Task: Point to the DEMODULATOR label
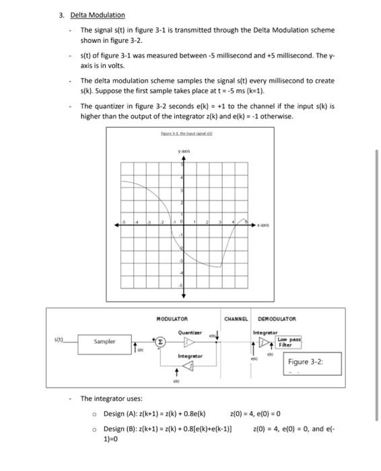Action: (x=277, y=318)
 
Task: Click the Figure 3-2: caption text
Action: (x=306, y=362)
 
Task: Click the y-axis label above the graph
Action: (x=181, y=152)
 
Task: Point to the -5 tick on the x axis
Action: (x=123, y=223)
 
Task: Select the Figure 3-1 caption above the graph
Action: (x=181, y=136)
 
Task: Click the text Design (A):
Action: (x=120, y=413)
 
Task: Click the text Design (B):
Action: (x=120, y=429)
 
